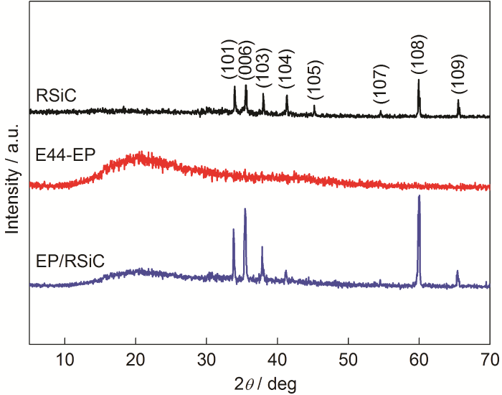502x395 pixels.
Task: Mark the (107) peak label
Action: [381, 83]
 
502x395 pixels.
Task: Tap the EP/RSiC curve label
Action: [70, 259]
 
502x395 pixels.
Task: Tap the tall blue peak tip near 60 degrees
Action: [419, 196]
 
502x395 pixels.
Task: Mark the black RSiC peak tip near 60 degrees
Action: [419, 80]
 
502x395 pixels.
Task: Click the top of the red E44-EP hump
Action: [141, 153]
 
